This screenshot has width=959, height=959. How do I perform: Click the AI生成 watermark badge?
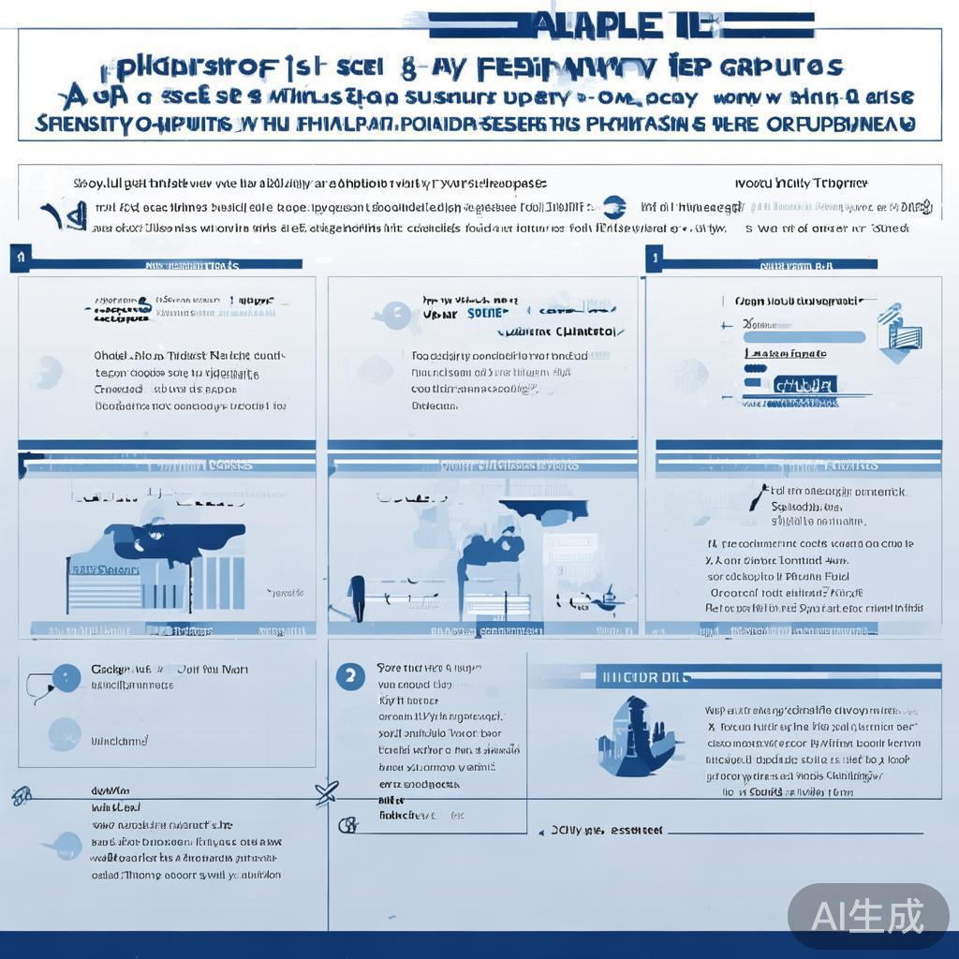coord(868,916)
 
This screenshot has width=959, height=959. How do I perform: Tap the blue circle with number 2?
coord(350,676)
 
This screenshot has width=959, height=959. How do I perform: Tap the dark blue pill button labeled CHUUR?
coord(804,385)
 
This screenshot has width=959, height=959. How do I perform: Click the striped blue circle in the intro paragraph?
coord(613,207)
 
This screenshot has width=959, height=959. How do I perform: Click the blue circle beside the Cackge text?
coord(66,677)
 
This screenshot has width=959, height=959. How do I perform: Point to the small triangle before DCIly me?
coord(540,831)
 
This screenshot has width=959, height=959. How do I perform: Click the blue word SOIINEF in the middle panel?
coord(487,314)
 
